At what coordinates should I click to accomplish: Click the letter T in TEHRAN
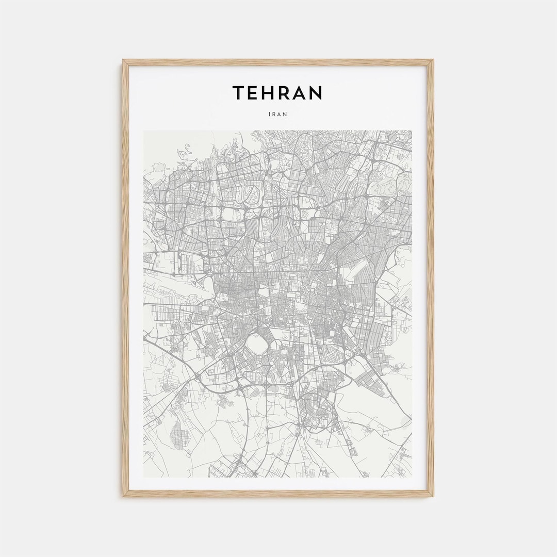coord(239,93)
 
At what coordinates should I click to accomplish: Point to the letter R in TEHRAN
coord(287,93)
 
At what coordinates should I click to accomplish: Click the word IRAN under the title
coord(278,114)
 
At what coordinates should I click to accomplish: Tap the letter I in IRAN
coord(270,114)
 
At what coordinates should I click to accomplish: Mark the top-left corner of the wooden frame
coord(123,60)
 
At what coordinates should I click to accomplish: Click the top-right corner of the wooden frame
coord(434,60)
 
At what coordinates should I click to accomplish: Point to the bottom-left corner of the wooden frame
coord(123,497)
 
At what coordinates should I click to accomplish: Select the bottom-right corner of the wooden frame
coord(434,497)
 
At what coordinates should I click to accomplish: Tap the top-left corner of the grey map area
coord(144,131)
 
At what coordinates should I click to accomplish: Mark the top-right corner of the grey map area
coord(412,131)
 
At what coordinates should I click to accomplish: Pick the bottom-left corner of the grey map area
coord(144,477)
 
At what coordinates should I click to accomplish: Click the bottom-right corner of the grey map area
coord(412,477)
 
